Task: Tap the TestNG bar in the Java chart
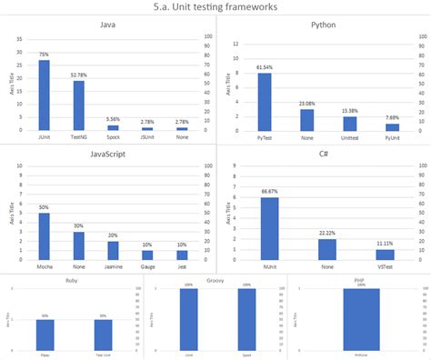[78, 106]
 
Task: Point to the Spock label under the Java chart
[114, 138]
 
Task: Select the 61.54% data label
[265, 67]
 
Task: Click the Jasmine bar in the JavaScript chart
[114, 251]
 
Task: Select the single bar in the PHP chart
[361, 319]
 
